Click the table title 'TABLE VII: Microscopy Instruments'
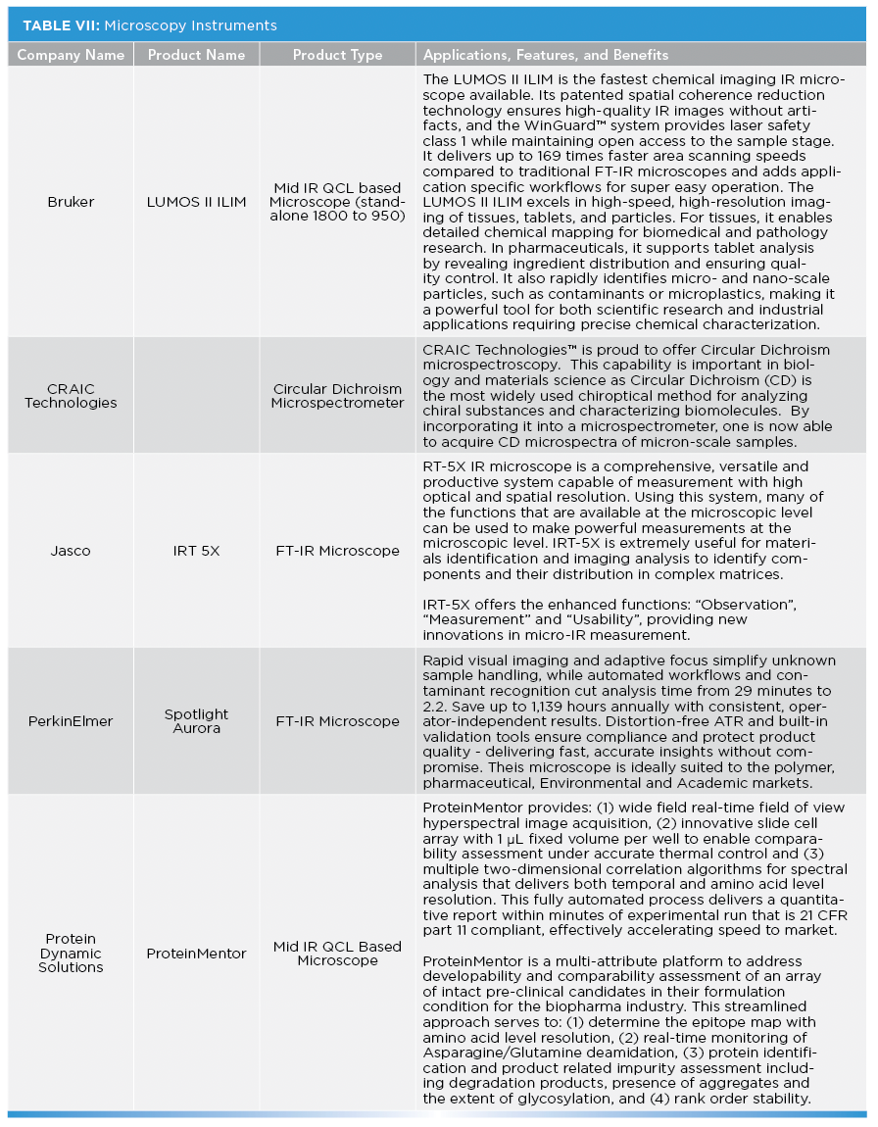pyautogui.click(x=147, y=25)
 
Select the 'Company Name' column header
pyautogui.click(x=71, y=55)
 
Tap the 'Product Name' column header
pyautogui.click(x=196, y=55)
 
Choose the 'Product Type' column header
pyautogui.click(x=337, y=55)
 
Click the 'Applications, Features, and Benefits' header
pyautogui.click(x=546, y=55)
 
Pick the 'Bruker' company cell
pyautogui.click(x=71, y=201)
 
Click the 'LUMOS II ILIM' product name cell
pyautogui.click(x=196, y=201)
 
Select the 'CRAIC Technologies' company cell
pyautogui.click(x=71, y=395)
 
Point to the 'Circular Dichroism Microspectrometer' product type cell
pyautogui.click(x=337, y=395)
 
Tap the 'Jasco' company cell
pyautogui.click(x=71, y=551)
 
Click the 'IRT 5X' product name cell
pyautogui.click(x=196, y=551)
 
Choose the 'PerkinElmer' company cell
pyautogui.click(x=71, y=721)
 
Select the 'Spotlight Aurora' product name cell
pyautogui.click(x=196, y=721)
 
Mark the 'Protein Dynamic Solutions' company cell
pyautogui.click(x=71, y=954)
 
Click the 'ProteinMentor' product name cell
pyautogui.click(x=196, y=954)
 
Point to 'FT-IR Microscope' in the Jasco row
pyautogui.click(x=337, y=551)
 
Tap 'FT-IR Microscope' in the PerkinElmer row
pyautogui.click(x=337, y=721)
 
